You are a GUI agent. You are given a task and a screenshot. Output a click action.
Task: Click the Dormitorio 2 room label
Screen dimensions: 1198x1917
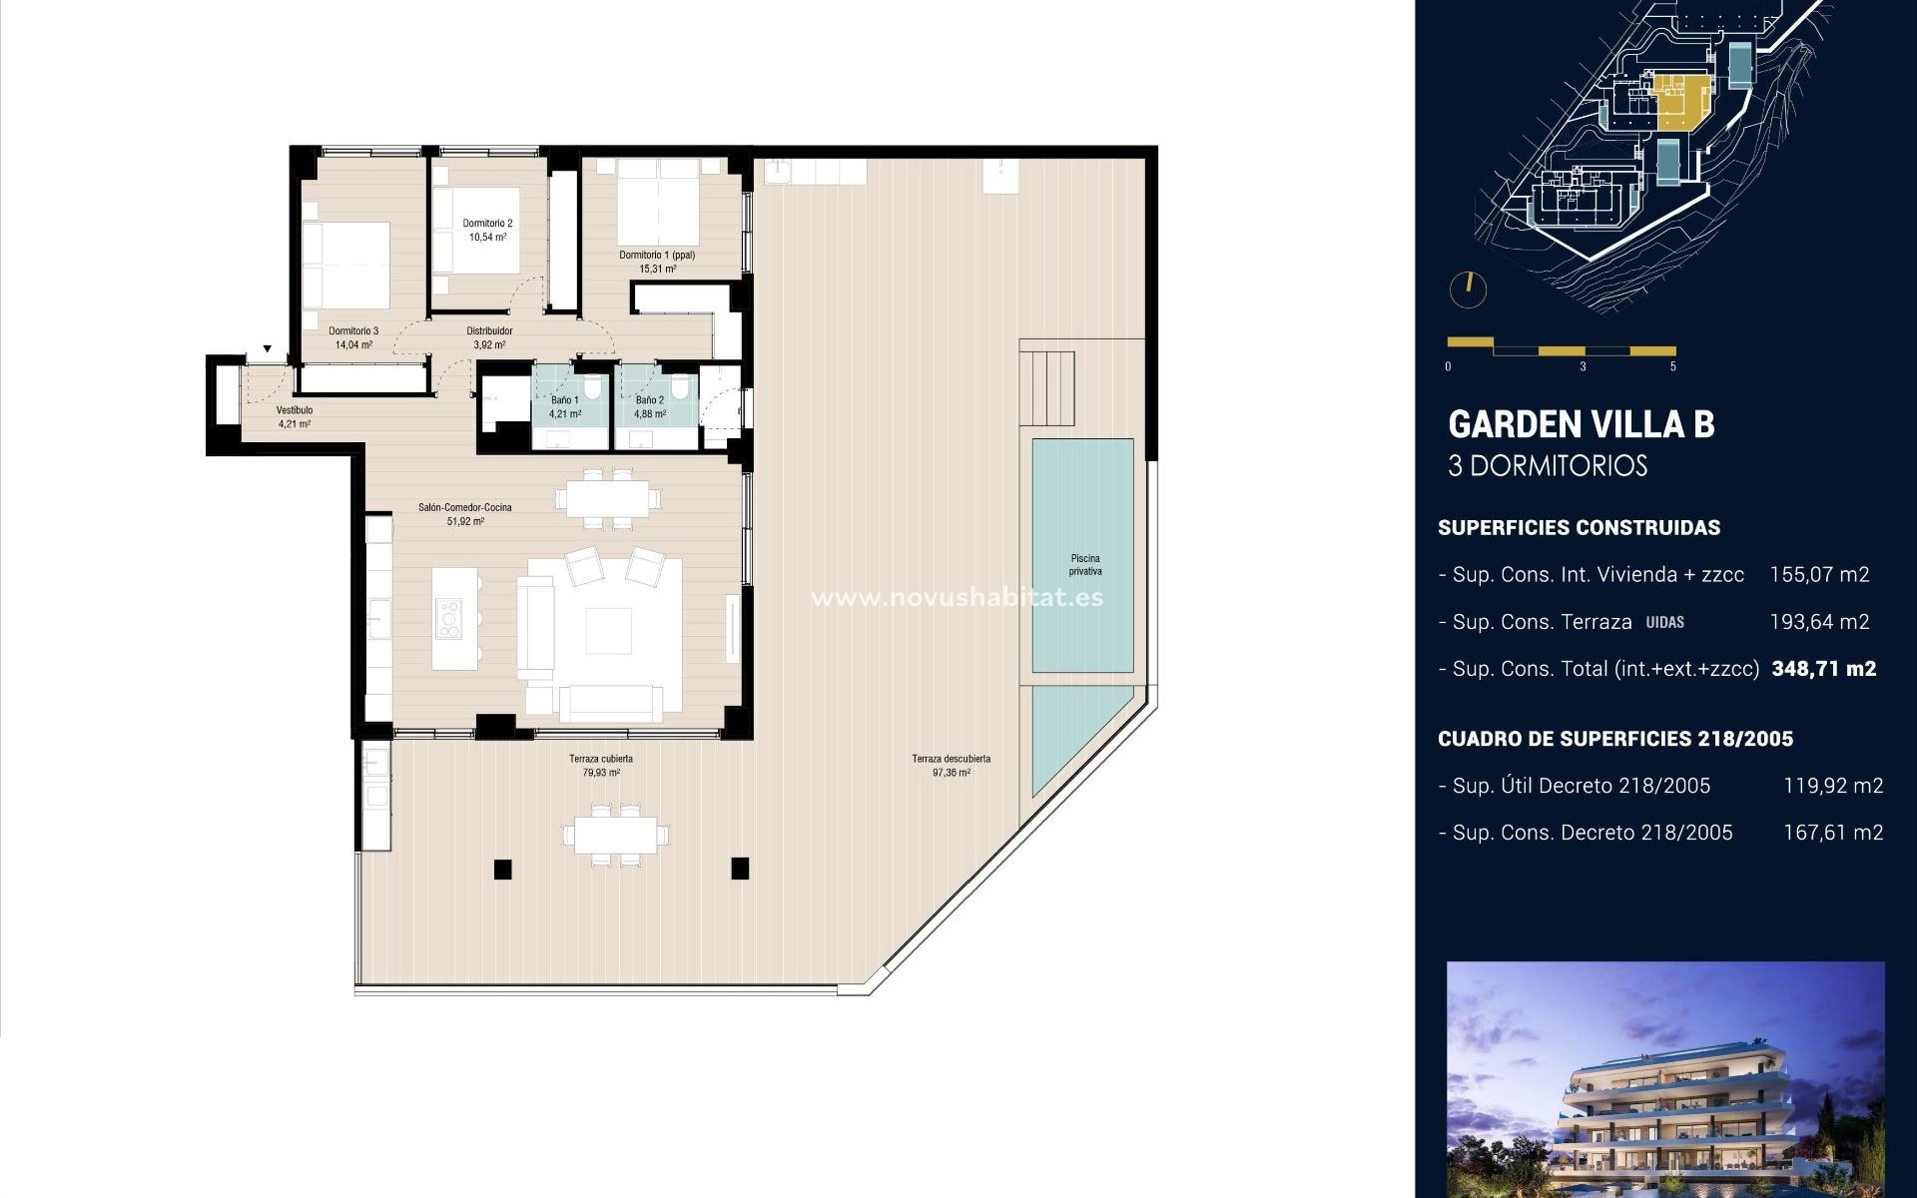pyautogui.click(x=487, y=224)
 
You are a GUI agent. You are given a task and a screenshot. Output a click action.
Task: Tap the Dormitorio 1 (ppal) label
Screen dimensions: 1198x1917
pyautogui.click(x=657, y=256)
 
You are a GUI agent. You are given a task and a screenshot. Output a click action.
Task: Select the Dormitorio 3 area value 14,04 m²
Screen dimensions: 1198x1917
pyautogui.click(x=353, y=345)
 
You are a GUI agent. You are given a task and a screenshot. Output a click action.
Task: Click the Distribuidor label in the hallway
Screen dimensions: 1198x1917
pyautogui.click(x=489, y=331)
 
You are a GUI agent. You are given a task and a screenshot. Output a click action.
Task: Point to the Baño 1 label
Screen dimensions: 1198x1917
pyautogui.click(x=564, y=400)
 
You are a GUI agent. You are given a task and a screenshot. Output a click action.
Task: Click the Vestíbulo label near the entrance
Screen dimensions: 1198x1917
pyautogui.click(x=295, y=410)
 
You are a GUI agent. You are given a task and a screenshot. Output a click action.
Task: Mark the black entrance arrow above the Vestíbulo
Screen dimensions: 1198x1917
pyautogui.click(x=267, y=349)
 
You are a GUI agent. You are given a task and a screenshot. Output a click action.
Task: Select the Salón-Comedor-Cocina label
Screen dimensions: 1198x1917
pyautogui.click(x=465, y=508)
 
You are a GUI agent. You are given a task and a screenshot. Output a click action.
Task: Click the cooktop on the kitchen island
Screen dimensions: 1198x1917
pyautogui.click(x=448, y=618)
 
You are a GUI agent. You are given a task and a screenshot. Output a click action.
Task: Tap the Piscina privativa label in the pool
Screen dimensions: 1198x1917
pyautogui.click(x=1085, y=565)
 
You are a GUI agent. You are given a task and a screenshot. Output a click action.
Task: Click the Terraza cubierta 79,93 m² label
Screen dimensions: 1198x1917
pyautogui.click(x=601, y=766)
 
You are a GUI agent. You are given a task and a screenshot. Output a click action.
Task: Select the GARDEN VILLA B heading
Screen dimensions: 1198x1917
pyautogui.click(x=1581, y=424)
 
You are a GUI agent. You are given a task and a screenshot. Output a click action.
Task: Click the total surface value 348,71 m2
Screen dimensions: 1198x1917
pyautogui.click(x=1823, y=669)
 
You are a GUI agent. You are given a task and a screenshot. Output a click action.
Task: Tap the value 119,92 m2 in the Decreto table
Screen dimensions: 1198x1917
pyautogui.click(x=1833, y=786)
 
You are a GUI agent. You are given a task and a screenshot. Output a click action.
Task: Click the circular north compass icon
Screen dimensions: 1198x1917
pyautogui.click(x=1468, y=290)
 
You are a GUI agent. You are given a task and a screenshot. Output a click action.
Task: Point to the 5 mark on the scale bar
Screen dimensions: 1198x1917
pyautogui.click(x=1672, y=366)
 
